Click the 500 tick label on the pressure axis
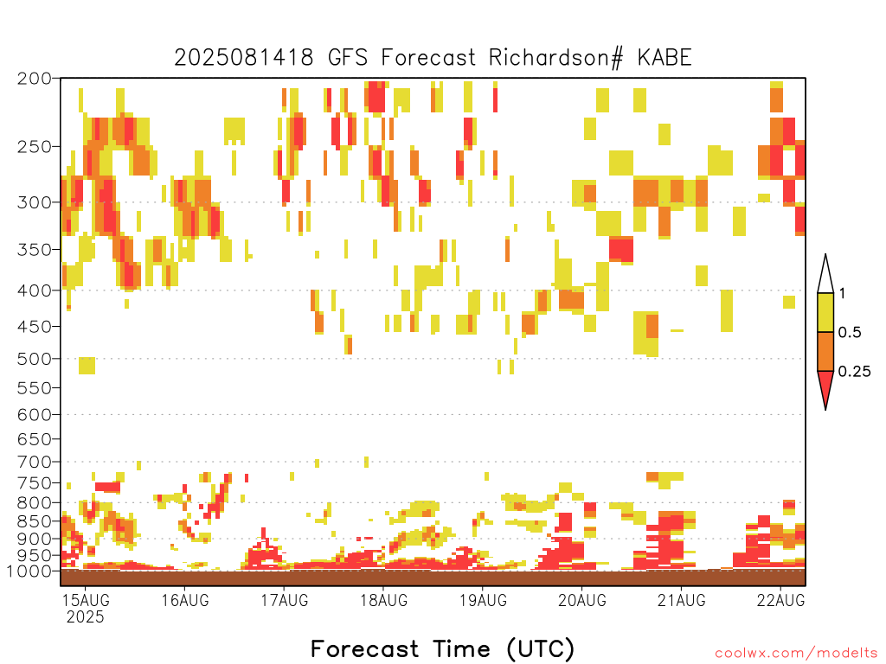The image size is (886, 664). (34, 359)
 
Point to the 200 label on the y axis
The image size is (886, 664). (34, 79)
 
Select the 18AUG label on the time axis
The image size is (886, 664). (384, 600)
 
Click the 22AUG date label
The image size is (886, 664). (781, 600)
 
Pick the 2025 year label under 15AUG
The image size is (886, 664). (86, 616)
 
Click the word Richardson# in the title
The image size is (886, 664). (555, 58)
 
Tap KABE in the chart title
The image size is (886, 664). (664, 58)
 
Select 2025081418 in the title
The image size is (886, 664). (243, 58)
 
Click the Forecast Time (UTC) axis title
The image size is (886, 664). (442, 648)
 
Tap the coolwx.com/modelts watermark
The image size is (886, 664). (797, 654)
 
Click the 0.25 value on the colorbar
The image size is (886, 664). (854, 372)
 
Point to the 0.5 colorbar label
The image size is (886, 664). (850, 332)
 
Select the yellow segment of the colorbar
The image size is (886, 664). (825, 312)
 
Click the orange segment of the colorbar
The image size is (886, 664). (825, 351)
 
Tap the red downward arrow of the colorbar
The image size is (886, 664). (825, 386)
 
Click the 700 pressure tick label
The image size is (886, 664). (34, 463)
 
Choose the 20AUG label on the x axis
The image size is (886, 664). (582, 600)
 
